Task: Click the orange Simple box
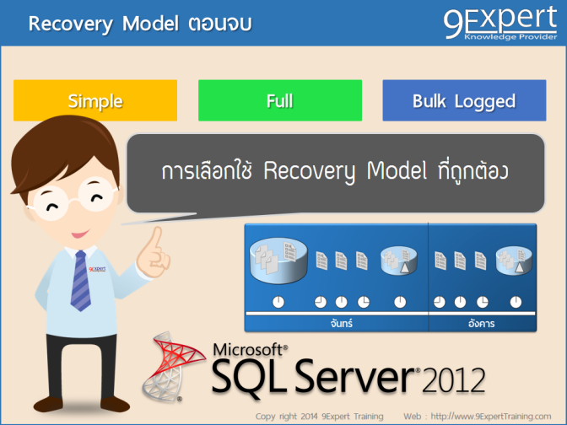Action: (x=95, y=101)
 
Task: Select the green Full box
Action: (x=279, y=101)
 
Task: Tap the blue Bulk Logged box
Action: (x=463, y=101)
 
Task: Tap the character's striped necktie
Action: (x=81, y=279)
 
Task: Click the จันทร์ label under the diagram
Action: (x=336, y=322)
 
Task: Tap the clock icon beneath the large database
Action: (x=278, y=302)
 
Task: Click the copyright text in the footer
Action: (x=319, y=417)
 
